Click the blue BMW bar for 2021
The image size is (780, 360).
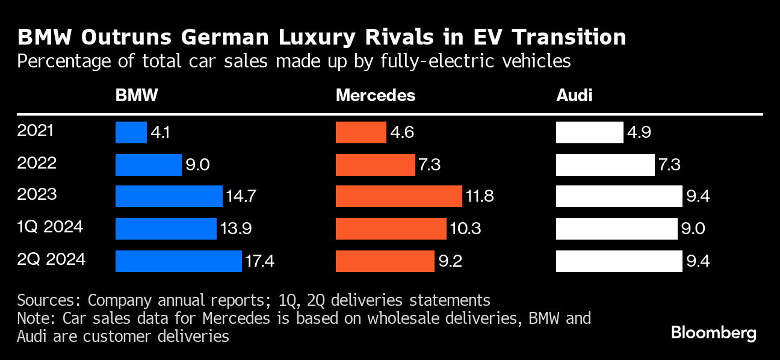point(131,132)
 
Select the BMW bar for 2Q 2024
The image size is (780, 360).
point(179,261)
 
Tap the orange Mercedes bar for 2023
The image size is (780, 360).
point(398,196)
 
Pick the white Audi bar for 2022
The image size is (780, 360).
point(605,164)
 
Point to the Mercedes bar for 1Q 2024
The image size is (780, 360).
point(391,229)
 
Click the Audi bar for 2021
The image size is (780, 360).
point(589,132)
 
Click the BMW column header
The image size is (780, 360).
point(137,96)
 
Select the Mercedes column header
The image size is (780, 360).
point(375,96)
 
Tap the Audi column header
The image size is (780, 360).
point(574,96)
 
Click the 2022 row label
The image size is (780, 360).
point(37,163)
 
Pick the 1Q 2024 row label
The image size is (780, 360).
point(51,228)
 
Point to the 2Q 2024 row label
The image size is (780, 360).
point(52,259)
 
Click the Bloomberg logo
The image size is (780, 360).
point(713,333)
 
